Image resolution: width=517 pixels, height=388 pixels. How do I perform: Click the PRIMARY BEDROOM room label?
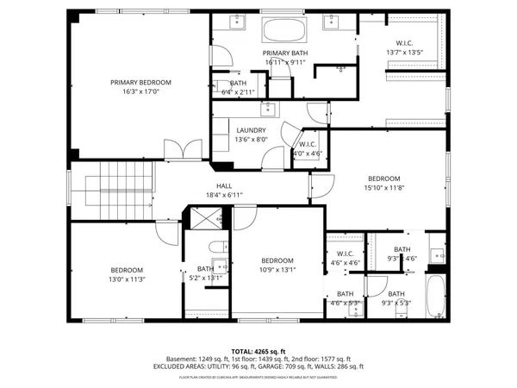140,83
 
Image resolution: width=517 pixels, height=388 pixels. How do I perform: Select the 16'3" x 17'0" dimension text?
140,91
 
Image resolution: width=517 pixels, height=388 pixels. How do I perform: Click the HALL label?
224,186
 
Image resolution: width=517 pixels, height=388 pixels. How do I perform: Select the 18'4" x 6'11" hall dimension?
224,195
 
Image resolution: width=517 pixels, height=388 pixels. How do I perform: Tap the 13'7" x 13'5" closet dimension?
404,52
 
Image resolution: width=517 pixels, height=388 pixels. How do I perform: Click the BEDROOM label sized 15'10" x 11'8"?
383,178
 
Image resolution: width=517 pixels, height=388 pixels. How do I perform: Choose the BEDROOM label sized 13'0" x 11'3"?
126,270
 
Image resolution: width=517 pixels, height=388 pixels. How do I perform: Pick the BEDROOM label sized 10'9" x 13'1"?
278,260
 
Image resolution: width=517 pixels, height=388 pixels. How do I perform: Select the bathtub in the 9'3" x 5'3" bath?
438,297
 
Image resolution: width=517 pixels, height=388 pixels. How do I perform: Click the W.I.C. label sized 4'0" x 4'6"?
307,146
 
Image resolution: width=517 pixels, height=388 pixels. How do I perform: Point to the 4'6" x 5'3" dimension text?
344,303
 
